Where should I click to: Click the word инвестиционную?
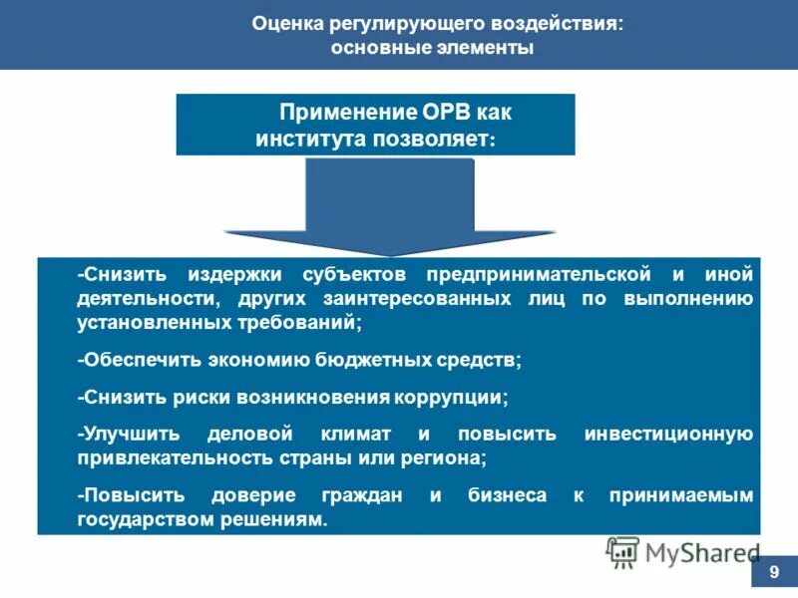[x=667, y=434]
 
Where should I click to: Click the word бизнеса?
[x=505, y=495]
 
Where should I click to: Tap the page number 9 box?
[x=774, y=573]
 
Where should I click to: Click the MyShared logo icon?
[x=622, y=551]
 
